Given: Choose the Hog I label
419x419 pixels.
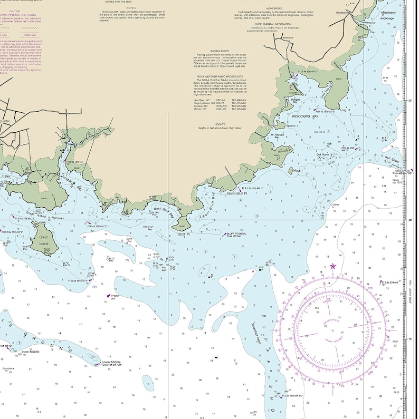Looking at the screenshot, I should tap(297, 170).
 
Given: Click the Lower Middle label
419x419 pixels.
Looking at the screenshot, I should tap(111, 362).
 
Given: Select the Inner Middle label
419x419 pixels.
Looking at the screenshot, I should tap(31, 351).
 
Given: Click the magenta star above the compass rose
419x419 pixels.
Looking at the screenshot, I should tap(332, 266).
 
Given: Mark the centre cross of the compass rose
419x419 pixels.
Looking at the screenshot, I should tap(332, 330).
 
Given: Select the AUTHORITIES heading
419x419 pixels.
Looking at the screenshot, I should tap(273, 8).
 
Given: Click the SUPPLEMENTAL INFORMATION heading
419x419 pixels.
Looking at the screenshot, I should tap(273, 24).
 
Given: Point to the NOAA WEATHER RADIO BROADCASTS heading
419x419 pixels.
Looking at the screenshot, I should tap(217, 76).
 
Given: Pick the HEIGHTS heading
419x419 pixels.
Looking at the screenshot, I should tap(217, 124).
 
